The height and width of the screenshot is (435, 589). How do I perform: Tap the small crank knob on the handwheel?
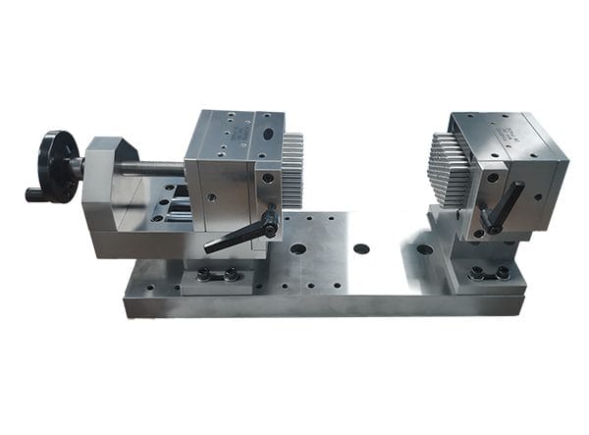(x=34, y=194)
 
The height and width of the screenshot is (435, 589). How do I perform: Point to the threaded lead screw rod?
(x=152, y=168)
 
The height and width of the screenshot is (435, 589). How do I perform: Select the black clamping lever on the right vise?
(x=506, y=207)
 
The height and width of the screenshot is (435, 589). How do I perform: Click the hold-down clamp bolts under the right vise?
(x=488, y=273)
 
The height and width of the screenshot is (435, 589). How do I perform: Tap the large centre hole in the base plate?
(x=361, y=248)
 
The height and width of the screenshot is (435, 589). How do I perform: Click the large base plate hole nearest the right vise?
(x=424, y=249)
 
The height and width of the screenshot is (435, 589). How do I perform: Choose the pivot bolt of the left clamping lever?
(x=270, y=230)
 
